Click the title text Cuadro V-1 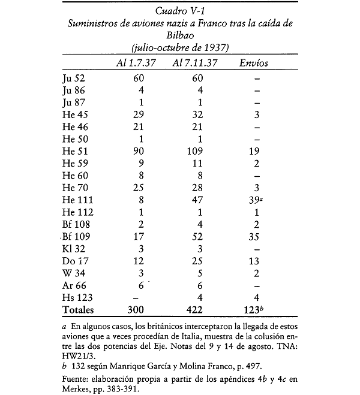pyautogui.click(x=179, y=10)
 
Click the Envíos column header pyautogui.click(x=254, y=63)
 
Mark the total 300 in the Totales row pyautogui.click(x=139, y=310)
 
